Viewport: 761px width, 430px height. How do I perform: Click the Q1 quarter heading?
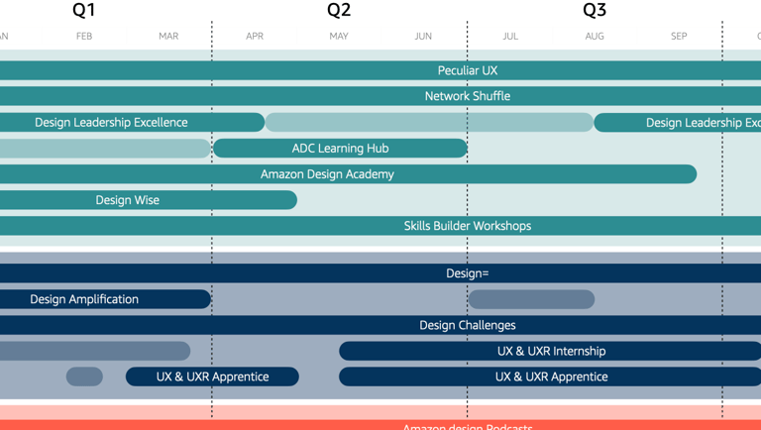click(84, 11)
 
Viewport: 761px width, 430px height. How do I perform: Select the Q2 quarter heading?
click(339, 11)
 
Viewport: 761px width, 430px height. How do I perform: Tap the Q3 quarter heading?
click(595, 11)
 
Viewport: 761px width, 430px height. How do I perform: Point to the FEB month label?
click(84, 37)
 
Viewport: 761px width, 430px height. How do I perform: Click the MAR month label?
click(168, 37)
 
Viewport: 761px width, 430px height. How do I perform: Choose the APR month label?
click(255, 37)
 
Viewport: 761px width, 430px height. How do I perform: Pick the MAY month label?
click(339, 37)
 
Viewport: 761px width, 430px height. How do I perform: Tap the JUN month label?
click(423, 37)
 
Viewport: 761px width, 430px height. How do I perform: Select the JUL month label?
click(510, 37)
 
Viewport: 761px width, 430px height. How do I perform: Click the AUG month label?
click(595, 37)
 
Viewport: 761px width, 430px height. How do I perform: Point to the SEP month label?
click(679, 37)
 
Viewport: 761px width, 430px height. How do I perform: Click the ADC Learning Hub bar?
click(340, 149)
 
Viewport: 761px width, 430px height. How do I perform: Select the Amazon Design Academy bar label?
click(327, 174)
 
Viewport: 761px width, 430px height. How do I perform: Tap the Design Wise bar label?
click(127, 200)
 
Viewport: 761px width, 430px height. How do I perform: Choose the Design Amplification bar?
click(84, 299)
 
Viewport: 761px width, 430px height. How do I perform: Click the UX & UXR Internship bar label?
click(551, 351)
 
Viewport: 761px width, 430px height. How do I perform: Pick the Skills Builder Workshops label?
click(468, 226)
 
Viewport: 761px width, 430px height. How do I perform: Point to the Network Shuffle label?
click(468, 96)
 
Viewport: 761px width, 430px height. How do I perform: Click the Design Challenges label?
click(468, 325)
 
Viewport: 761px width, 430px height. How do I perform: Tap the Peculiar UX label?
click(468, 70)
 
